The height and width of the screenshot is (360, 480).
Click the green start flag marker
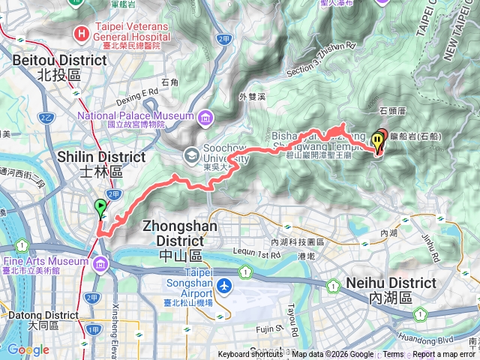[x=100, y=208]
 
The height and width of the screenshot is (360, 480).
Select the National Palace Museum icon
[x=205, y=116]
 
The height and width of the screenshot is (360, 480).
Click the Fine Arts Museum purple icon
[x=100, y=262]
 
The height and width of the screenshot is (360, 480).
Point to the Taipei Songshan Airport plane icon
[x=224, y=286]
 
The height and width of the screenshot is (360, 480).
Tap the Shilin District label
[x=102, y=164]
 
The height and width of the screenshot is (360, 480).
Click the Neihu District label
[x=390, y=289]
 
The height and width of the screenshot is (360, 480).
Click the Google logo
[x=28, y=349]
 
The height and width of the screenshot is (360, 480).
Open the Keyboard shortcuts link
[x=252, y=355]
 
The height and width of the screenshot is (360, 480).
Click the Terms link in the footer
[x=393, y=355]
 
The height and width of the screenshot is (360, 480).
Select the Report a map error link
[x=444, y=355]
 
